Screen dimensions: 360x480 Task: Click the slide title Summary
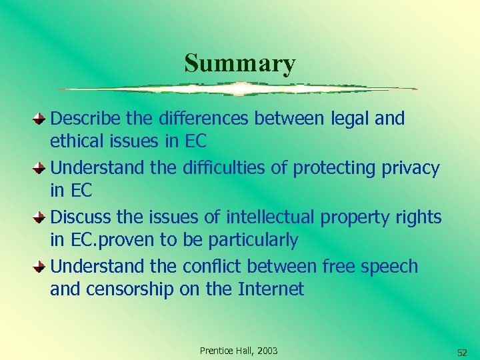[x=240, y=63]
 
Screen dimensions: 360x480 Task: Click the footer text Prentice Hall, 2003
[x=239, y=351]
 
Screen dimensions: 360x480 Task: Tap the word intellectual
[x=271, y=217]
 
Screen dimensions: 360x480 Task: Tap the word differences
[x=201, y=119]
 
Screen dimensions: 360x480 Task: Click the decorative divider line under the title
[x=238, y=89]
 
